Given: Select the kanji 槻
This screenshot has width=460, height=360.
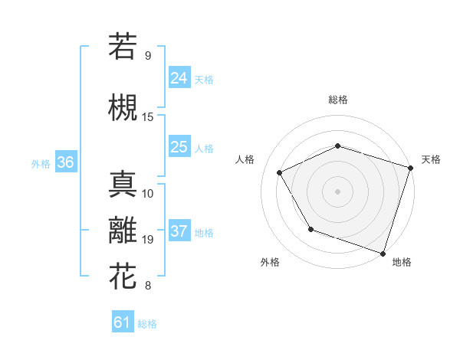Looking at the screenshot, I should point(122,108).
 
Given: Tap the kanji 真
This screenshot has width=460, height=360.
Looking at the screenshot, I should point(122,185).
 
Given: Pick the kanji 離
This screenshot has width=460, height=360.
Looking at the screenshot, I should point(122,232).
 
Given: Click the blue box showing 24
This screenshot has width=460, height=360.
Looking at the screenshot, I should point(179,77).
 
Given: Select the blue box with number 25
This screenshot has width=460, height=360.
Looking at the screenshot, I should point(179,147).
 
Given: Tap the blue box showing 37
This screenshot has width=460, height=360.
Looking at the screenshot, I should point(179,231).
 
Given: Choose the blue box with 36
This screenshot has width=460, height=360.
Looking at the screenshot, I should point(65,162).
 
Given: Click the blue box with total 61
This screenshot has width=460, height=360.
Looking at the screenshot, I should point(123,322).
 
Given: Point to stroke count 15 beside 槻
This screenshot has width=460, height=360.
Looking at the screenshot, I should point(148,117).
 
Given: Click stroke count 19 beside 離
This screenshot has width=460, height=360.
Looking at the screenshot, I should point(148,240).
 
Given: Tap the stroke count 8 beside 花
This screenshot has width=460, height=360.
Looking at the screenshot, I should point(148,286).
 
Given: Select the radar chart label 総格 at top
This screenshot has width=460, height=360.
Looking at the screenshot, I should point(338,100).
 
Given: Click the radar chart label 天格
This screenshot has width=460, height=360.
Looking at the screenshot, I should point(431,159).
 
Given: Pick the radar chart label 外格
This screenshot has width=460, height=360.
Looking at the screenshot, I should point(270,262).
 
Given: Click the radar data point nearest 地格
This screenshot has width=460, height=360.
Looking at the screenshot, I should point(383,253).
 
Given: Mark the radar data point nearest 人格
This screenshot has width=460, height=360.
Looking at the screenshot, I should point(279,172).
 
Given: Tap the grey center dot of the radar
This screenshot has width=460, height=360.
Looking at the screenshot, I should point(338,191).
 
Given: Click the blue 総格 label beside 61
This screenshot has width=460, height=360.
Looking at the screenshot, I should point(147,324).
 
